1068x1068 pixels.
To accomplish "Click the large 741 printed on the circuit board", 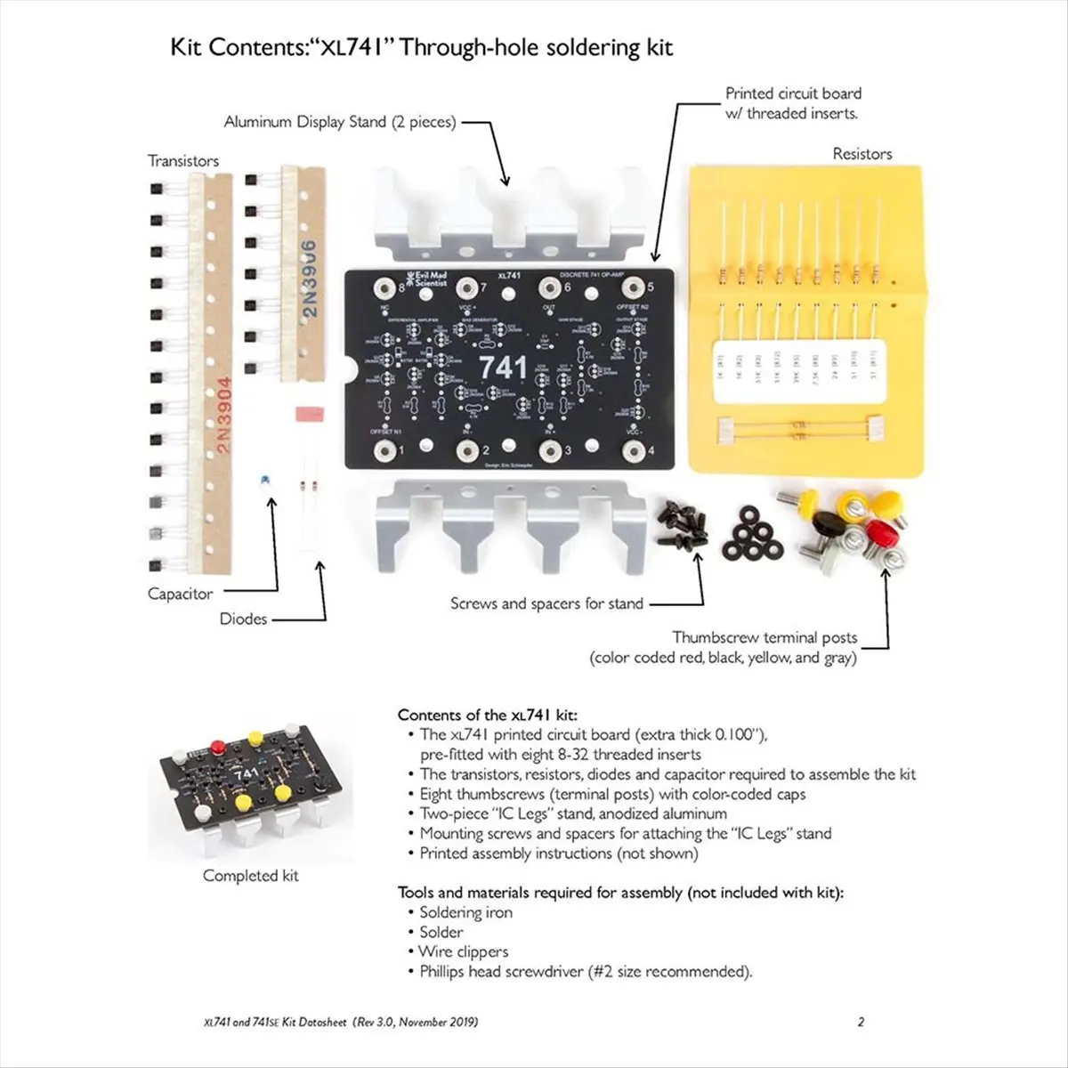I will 503,368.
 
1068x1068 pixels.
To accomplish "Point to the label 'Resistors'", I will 862,154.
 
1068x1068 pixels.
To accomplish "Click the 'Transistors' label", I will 183,161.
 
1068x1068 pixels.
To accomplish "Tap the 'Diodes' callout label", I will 243,619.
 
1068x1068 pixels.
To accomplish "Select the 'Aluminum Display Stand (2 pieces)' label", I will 339,122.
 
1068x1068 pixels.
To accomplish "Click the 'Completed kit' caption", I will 251,876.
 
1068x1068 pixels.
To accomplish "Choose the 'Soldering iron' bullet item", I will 465,912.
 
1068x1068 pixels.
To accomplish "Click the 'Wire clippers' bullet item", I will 463,951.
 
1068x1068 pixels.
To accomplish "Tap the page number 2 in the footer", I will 860,1023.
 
